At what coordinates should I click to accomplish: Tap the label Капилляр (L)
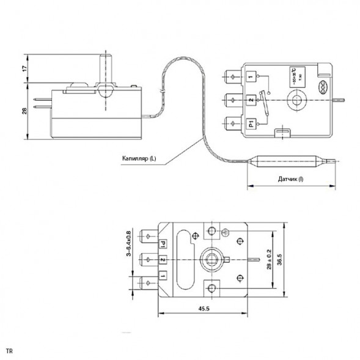[138, 158]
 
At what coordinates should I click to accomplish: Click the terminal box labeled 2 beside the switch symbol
[251, 100]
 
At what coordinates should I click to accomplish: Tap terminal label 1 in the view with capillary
[251, 77]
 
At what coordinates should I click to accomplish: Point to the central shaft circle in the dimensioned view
[211, 259]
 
